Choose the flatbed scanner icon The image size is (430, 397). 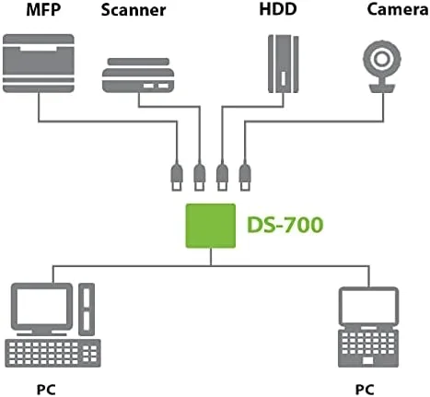click(137, 76)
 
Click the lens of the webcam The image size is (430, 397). click(379, 58)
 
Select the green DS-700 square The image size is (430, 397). click(211, 224)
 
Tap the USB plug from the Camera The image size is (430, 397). click(244, 174)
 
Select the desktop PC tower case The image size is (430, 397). click(85, 309)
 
